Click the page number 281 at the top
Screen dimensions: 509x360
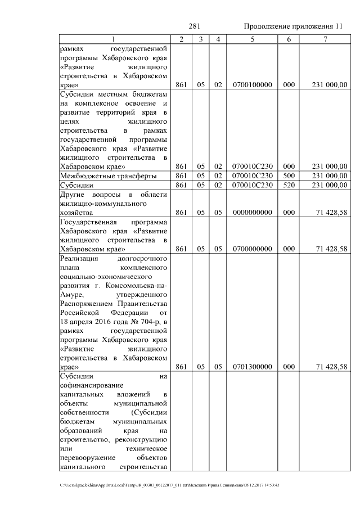195,26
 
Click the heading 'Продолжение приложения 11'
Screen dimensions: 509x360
293,26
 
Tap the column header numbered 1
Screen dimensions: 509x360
114,39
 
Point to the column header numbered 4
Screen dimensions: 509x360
218,39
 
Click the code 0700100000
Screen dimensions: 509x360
252,85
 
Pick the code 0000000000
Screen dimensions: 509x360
252,213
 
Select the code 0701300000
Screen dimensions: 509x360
252,367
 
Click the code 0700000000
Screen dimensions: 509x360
252,249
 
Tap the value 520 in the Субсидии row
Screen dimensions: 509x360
289,185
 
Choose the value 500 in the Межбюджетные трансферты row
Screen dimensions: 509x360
289,176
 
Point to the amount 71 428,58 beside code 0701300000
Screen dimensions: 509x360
332,367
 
